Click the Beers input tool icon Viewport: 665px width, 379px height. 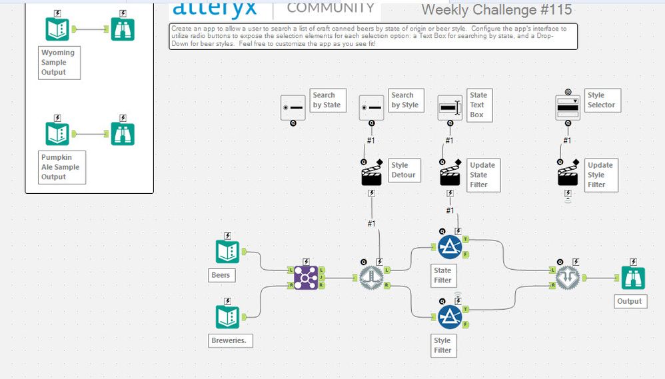pos(227,251)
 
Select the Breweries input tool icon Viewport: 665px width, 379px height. pos(227,316)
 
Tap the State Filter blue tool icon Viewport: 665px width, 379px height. pos(450,247)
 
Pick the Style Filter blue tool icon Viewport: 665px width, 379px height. pos(450,317)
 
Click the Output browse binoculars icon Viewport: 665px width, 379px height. pos(633,278)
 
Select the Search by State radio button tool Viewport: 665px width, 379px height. pos(293,107)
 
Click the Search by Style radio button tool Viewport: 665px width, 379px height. pos(371,107)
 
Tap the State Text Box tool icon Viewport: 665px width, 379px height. pos(450,107)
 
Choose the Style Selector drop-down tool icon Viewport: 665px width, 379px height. pos(568,107)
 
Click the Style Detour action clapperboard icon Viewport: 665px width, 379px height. pos(371,175)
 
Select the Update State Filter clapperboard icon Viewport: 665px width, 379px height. pos(450,175)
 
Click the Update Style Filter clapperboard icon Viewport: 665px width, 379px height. pos(568,175)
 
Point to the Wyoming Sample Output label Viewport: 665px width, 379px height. pos(58,63)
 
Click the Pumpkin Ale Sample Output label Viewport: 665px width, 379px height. pos(60,167)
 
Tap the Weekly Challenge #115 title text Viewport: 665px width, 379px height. pos(496,10)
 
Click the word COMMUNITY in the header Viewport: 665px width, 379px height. pos(331,8)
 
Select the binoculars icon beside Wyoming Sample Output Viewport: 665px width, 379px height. pos(123,29)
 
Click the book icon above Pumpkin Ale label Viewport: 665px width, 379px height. pos(57,133)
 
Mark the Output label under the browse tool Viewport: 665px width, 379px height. pos(629,301)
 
